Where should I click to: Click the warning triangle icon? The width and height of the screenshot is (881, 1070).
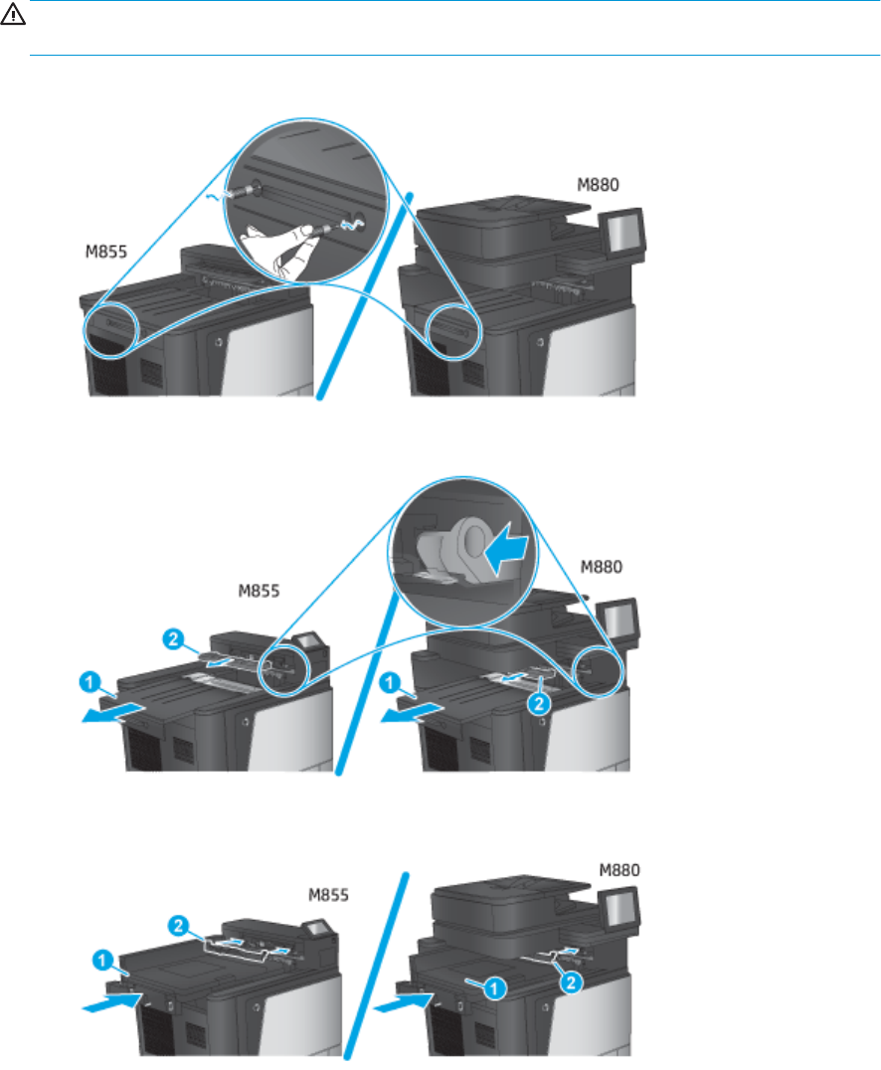tap(13, 14)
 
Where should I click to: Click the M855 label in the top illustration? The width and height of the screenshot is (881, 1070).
tap(105, 252)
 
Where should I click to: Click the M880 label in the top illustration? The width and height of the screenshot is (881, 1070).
tap(598, 185)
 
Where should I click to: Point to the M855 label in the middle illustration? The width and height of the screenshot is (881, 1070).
tap(259, 591)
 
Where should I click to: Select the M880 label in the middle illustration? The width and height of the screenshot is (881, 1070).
tap(602, 567)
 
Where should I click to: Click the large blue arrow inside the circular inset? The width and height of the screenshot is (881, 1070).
tap(506, 549)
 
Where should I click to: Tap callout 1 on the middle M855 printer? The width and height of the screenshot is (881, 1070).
tap(89, 682)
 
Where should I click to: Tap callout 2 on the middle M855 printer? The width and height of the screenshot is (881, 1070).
tap(173, 639)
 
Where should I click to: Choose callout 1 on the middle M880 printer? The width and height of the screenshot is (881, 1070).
tap(390, 682)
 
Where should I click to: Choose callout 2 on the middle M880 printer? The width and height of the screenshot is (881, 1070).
tap(539, 703)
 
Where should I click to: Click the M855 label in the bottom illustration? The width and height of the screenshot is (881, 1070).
tap(328, 895)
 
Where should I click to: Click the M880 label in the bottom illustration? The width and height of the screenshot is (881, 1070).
tap(619, 870)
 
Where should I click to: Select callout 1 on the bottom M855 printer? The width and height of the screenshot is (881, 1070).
tap(102, 961)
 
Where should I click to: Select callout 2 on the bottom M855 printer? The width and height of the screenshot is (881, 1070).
tap(178, 926)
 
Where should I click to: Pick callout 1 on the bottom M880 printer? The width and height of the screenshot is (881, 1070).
tap(495, 987)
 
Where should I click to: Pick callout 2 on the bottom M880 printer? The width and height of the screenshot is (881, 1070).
tap(571, 981)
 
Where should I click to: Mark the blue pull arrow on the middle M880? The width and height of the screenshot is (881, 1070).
tap(413, 712)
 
